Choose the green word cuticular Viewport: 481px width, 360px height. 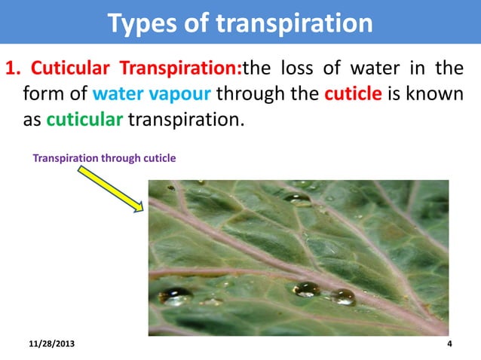83,120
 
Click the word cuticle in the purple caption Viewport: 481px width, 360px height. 157,158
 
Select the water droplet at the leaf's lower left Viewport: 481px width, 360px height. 175,297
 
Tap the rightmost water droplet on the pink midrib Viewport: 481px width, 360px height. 343,297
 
